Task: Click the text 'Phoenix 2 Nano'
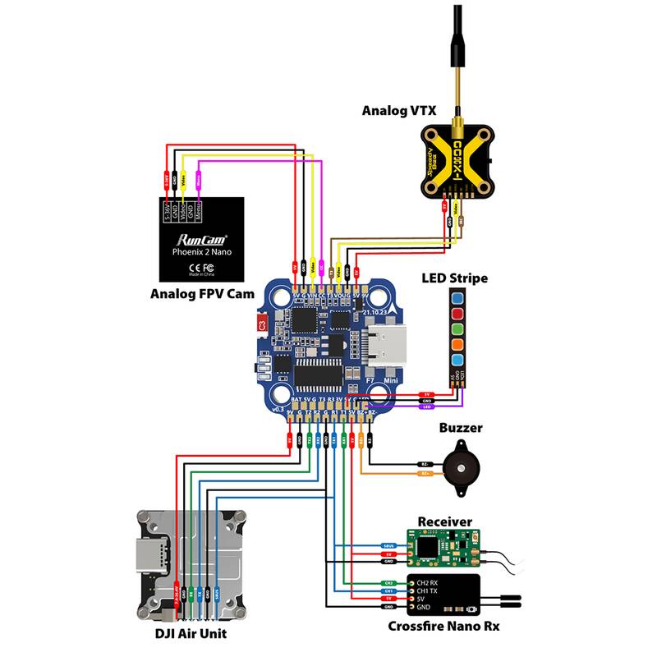coord(201,253)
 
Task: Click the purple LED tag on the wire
coord(426,407)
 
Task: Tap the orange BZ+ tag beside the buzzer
coord(425,474)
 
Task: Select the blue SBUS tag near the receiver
coord(390,545)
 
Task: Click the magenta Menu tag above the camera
coord(199,176)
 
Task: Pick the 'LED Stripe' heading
coord(454,278)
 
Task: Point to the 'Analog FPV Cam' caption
coord(201,293)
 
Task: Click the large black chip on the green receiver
coord(428,544)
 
